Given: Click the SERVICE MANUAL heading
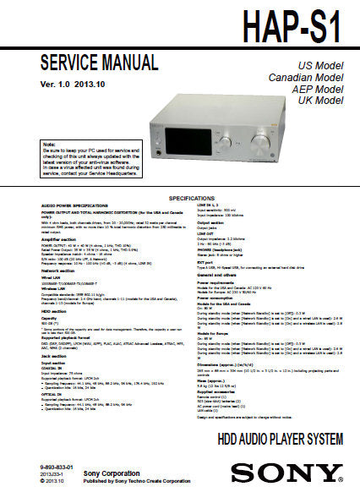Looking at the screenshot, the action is [x=99, y=63].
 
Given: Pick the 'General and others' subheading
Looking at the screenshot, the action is [x=216, y=275].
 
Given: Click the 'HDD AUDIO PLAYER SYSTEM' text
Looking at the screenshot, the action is [x=280, y=439].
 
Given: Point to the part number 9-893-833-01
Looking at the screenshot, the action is [x=57, y=467].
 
